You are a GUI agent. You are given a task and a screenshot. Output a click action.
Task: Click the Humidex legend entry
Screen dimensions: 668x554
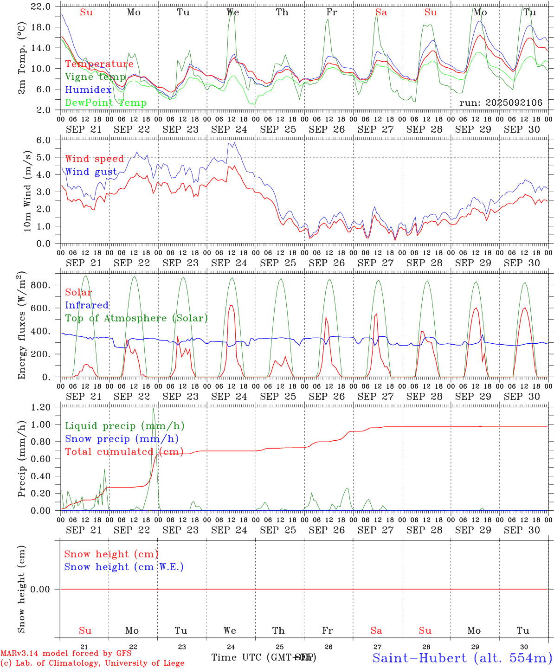88,90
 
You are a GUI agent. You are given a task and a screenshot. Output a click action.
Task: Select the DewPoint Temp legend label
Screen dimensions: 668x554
106,103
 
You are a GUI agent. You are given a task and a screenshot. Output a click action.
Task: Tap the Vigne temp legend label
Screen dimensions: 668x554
95,77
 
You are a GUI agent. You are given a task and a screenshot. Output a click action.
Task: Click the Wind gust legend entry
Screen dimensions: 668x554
91,172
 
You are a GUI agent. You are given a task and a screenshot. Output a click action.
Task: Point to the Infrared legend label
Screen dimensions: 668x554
87,305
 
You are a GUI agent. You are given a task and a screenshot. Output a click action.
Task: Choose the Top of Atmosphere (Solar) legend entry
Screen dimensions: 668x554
136,318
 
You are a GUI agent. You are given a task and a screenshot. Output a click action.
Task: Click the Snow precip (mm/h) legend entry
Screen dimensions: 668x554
122,439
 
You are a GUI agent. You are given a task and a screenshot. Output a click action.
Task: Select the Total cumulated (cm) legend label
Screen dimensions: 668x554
124,452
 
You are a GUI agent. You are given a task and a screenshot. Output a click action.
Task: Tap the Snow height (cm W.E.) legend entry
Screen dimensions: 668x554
124,567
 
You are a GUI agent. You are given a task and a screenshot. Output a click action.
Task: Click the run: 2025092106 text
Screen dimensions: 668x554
501,103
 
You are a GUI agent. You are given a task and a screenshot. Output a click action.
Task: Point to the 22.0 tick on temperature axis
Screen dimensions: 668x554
41,6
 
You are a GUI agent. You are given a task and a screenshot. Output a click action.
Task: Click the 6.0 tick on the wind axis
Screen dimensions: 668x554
43,140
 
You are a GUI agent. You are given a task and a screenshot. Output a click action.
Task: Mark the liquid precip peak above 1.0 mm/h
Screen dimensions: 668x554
153,409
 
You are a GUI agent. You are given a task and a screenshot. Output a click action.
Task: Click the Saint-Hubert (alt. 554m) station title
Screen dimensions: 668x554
462,658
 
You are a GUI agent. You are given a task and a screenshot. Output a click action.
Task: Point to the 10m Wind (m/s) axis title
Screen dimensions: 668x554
26,191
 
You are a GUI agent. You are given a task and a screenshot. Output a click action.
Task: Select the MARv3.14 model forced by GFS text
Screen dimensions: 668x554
65,654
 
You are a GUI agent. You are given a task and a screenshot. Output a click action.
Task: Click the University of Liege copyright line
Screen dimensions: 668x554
92,663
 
